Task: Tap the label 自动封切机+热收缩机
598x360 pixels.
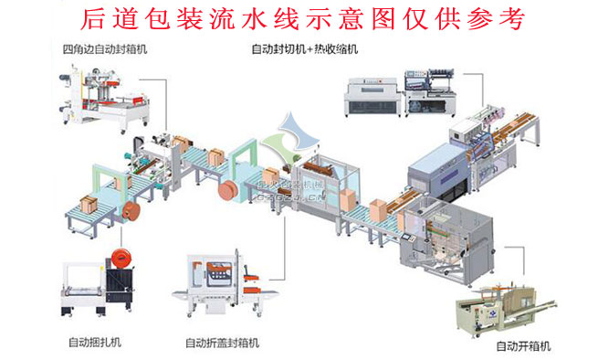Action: pyautogui.click(x=306, y=49)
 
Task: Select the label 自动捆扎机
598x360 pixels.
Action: pyautogui.click(x=94, y=343)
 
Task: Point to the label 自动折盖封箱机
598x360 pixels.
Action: pyautogui.click(x=223, y=344)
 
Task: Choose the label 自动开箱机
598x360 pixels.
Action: pyautogui.click(x=523, y=346)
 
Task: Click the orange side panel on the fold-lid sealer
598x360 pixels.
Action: pyautogui.click(x=217, y=270)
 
